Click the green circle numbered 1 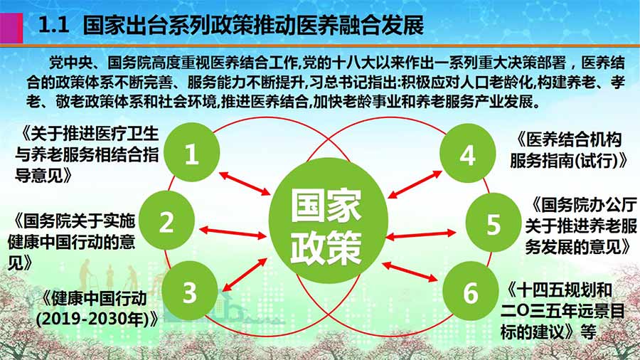click(x=191, y=152)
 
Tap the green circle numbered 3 click(x=190, y=291)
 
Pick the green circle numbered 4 click(x=468, y=153)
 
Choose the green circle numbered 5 click(x=493, y=223)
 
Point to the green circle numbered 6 click(x=471, y=291)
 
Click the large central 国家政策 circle click(x=328, y=221)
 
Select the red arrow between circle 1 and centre click(x=245, y=184)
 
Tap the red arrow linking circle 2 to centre click(x=233, y=233)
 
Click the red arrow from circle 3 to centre click(x=245, y=275)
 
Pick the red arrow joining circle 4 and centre click(x=415, y=184)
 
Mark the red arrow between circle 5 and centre click(x=420, y=235)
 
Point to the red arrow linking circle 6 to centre click(x=410, y=272)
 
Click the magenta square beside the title click(x=11, y=27)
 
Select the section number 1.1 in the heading click(x=53, y=26)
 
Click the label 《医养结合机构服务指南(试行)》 click(x=569, y=150)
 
